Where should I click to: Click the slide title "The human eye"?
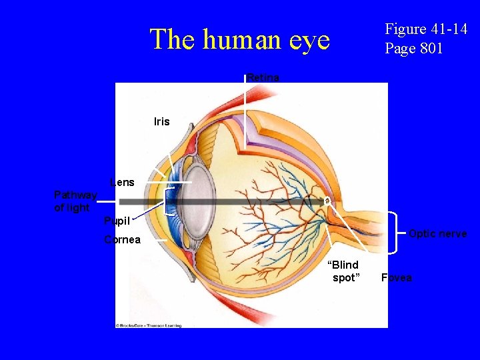[x=240, y=39]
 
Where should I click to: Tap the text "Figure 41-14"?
[x=426, y=29]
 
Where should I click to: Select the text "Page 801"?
[x=413, y=48]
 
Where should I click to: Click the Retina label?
[x=263, y=78]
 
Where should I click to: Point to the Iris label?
[x=161, y=121]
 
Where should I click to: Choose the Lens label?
[x=122, y=182]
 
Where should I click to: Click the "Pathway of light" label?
[x=75, y=201]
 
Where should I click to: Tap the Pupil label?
[x=117, y=221]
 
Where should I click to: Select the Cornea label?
[x=122, y=240]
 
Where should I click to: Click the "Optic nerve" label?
[x=437, y=233]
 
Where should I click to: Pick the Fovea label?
[x=396, y=277]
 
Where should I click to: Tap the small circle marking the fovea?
[x=328, y=200]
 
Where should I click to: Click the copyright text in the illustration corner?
[x=149, y=325]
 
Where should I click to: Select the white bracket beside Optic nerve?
[x=397, y=233]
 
